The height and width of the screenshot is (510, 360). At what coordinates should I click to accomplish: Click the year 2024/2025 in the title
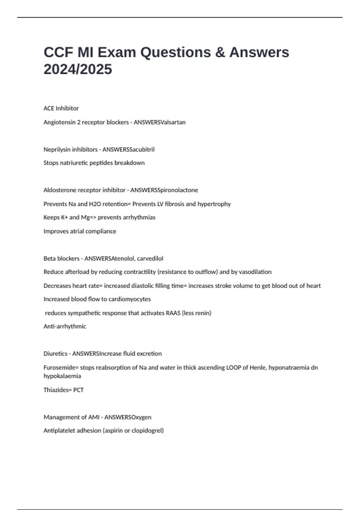pyautogui.click(x=78, y=69)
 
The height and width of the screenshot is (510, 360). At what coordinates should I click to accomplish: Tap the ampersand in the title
pyautogui.click(x=220, y=52)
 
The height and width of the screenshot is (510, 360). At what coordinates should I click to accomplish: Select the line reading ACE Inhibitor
pyautogui.click(x=61, y=108)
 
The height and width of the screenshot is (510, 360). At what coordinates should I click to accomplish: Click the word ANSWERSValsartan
pyautogui.click(x=160, y=122)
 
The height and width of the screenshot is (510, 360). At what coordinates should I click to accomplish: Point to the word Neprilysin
pyautogui.click(x=57, y=149)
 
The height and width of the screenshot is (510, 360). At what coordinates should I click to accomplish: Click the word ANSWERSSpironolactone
pyautogui.click(x=164, y=190)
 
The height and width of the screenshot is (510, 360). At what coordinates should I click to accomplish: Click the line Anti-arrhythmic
pyautogui.click(x=65, y=326)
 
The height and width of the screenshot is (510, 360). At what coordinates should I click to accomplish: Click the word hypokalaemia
pyautogui.click(x=62, y=376)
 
